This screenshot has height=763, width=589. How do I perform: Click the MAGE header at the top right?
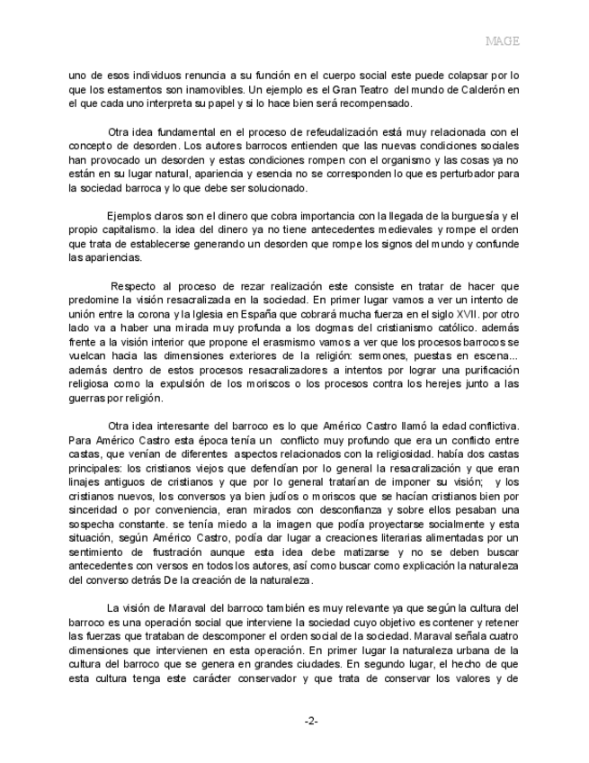click(503, 40)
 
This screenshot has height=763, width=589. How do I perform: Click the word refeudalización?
click(346, 133)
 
